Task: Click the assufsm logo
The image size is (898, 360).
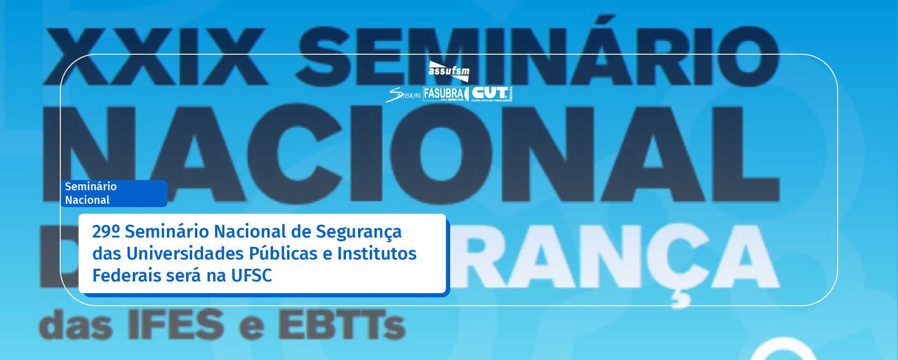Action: tap(449, 71)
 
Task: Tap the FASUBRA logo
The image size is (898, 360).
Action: tap(445, 94)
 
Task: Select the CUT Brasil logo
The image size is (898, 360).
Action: tap(492, 94)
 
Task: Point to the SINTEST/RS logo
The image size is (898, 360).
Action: tap(403, 95)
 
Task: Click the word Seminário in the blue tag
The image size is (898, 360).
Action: tap(91, 187)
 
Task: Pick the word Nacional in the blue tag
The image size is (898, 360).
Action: tap(87, 200)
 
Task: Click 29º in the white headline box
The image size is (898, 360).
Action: tap(106, 231)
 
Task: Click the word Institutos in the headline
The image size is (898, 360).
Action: tap(377, 253)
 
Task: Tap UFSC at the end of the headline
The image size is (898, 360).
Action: tap(251, 275)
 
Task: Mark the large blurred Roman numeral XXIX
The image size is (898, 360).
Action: tap(154, 56)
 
